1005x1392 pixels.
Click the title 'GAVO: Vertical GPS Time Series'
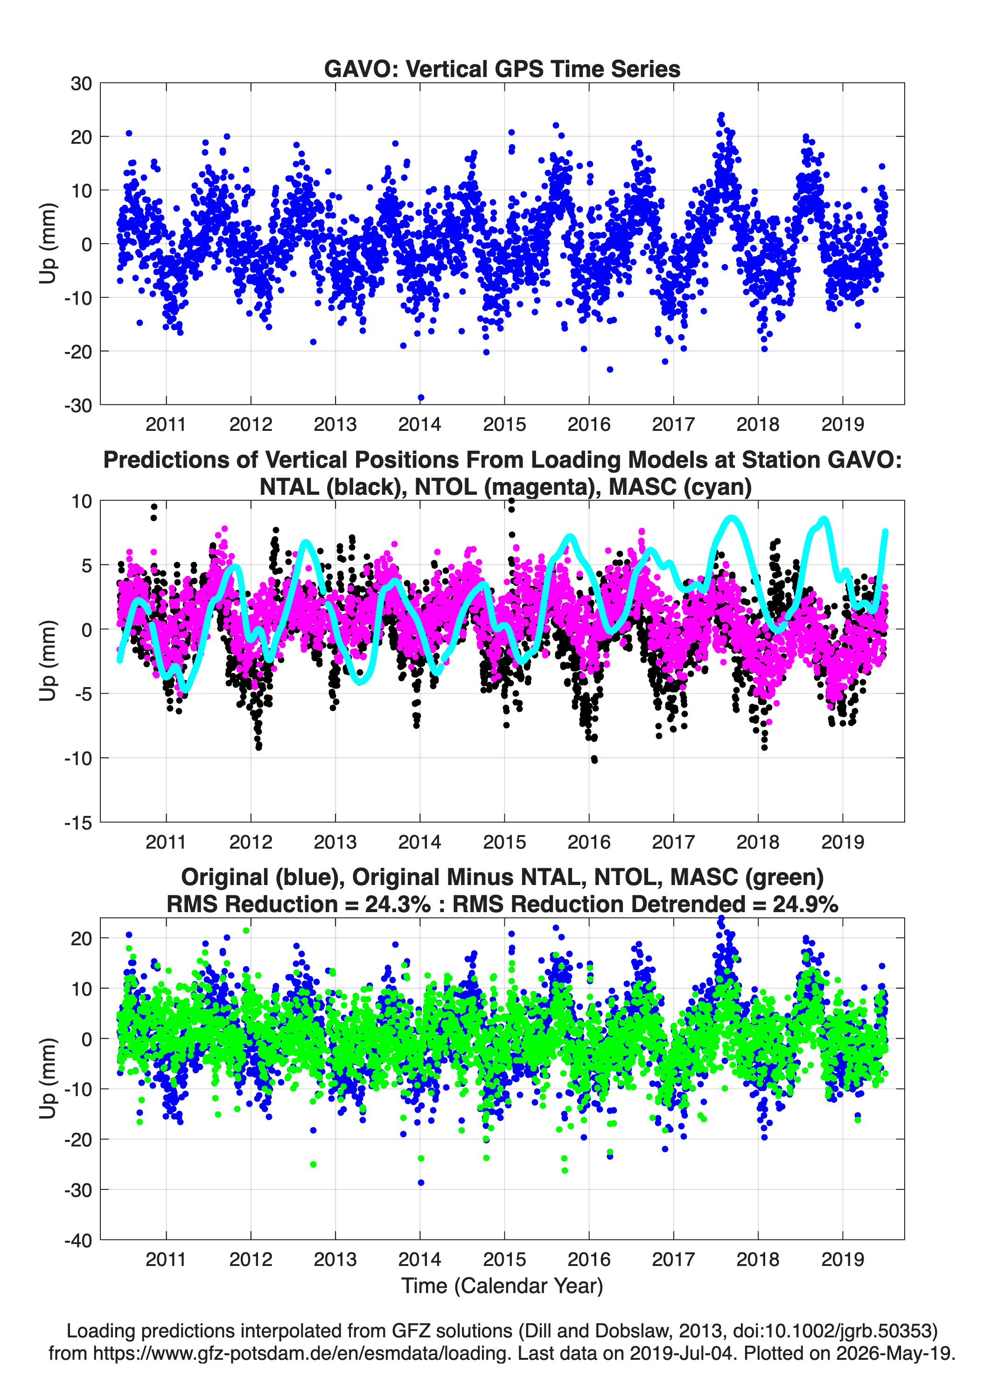click(x=502, y=69)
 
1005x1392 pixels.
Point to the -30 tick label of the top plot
click(x=78, y=406)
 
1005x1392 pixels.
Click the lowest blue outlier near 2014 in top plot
click(x=421, y=398)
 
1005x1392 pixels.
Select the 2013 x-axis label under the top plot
click(x=335, y=424)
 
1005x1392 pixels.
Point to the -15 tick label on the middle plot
click(x=78, y=823)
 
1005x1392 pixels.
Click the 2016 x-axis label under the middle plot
click(x=589, y=842)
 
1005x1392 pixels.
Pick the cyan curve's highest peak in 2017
click(x=731, y=519)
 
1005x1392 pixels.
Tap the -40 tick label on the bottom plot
click(x=78, y=1240)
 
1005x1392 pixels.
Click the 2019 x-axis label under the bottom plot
click(x=843, y=1259)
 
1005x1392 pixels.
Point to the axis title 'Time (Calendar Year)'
click(x=502, y=1285)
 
